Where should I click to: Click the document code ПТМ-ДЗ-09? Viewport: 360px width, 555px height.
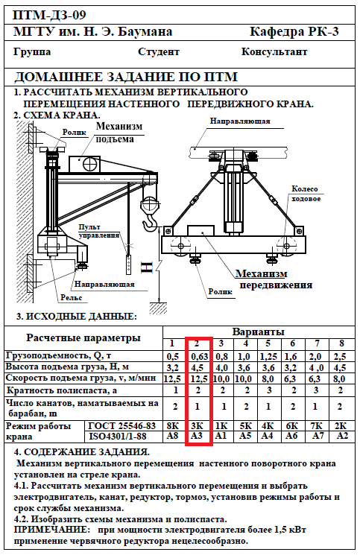tap(49, 15)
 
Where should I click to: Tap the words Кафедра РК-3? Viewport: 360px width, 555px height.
tap(294, 32)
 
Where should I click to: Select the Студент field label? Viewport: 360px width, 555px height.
tap(159, 52)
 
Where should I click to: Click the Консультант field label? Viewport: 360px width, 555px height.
tap(274, 51)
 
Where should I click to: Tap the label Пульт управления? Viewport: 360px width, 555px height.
tap(99, 231)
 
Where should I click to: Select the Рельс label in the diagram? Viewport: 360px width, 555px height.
tap(71, 298)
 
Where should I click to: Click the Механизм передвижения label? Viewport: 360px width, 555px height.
tap(273, 279)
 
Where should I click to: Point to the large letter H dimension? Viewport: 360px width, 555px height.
tap(147, 267)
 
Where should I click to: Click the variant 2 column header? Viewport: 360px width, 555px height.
tap(197, 343)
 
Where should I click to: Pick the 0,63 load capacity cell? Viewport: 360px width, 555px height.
tap(200, 356)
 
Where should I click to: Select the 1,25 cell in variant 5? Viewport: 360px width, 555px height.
tap(268, 356)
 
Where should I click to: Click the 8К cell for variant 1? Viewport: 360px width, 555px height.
tap(172, 425)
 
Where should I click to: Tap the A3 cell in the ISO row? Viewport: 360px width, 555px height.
tap(197, 435)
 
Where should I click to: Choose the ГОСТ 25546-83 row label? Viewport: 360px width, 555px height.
tap(121, 426)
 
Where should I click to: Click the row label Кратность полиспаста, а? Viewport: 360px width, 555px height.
tap(62, 391)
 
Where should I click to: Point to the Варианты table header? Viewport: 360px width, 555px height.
tap(259, 332)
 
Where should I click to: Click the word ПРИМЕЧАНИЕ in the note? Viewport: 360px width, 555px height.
tap(52, 530)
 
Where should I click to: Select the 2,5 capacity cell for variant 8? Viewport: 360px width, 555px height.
tap(339, 356)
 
